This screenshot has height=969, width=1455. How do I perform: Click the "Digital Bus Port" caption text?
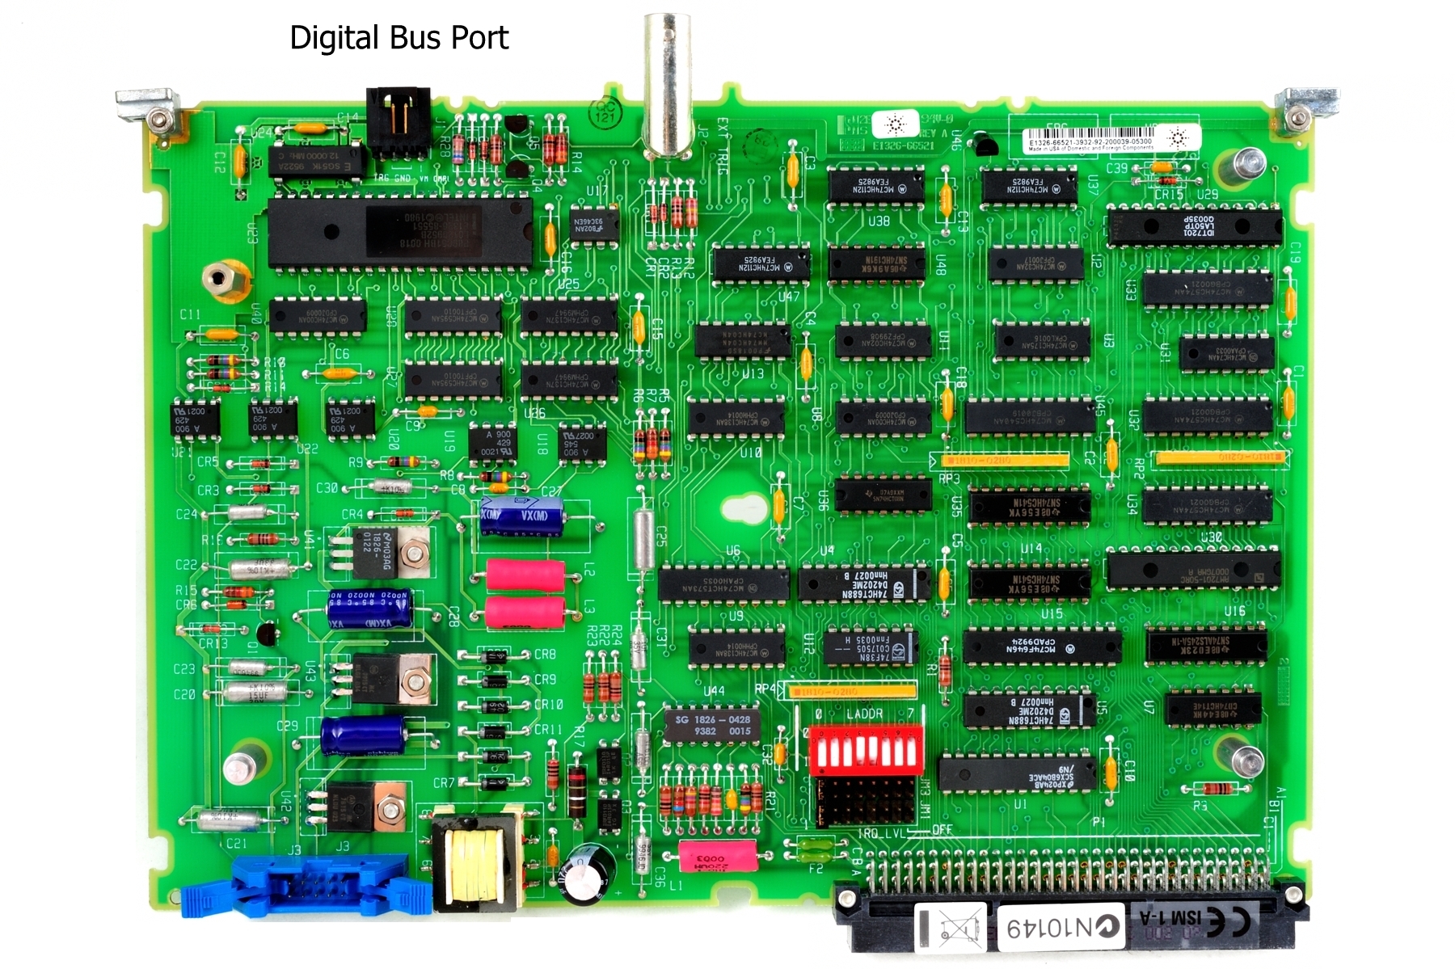click(399, 38)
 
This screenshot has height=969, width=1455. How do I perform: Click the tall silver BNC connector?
click(667, 85)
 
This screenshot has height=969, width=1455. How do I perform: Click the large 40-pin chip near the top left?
click(400, 232)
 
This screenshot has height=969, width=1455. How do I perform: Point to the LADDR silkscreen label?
click(864, 714)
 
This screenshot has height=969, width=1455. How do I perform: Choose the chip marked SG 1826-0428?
click(712, 725)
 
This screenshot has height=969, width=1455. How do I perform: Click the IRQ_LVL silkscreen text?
click(879, 832)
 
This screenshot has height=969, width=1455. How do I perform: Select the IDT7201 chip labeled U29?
click(1194, 226)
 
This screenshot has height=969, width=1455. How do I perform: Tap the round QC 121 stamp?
click(605, 112)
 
